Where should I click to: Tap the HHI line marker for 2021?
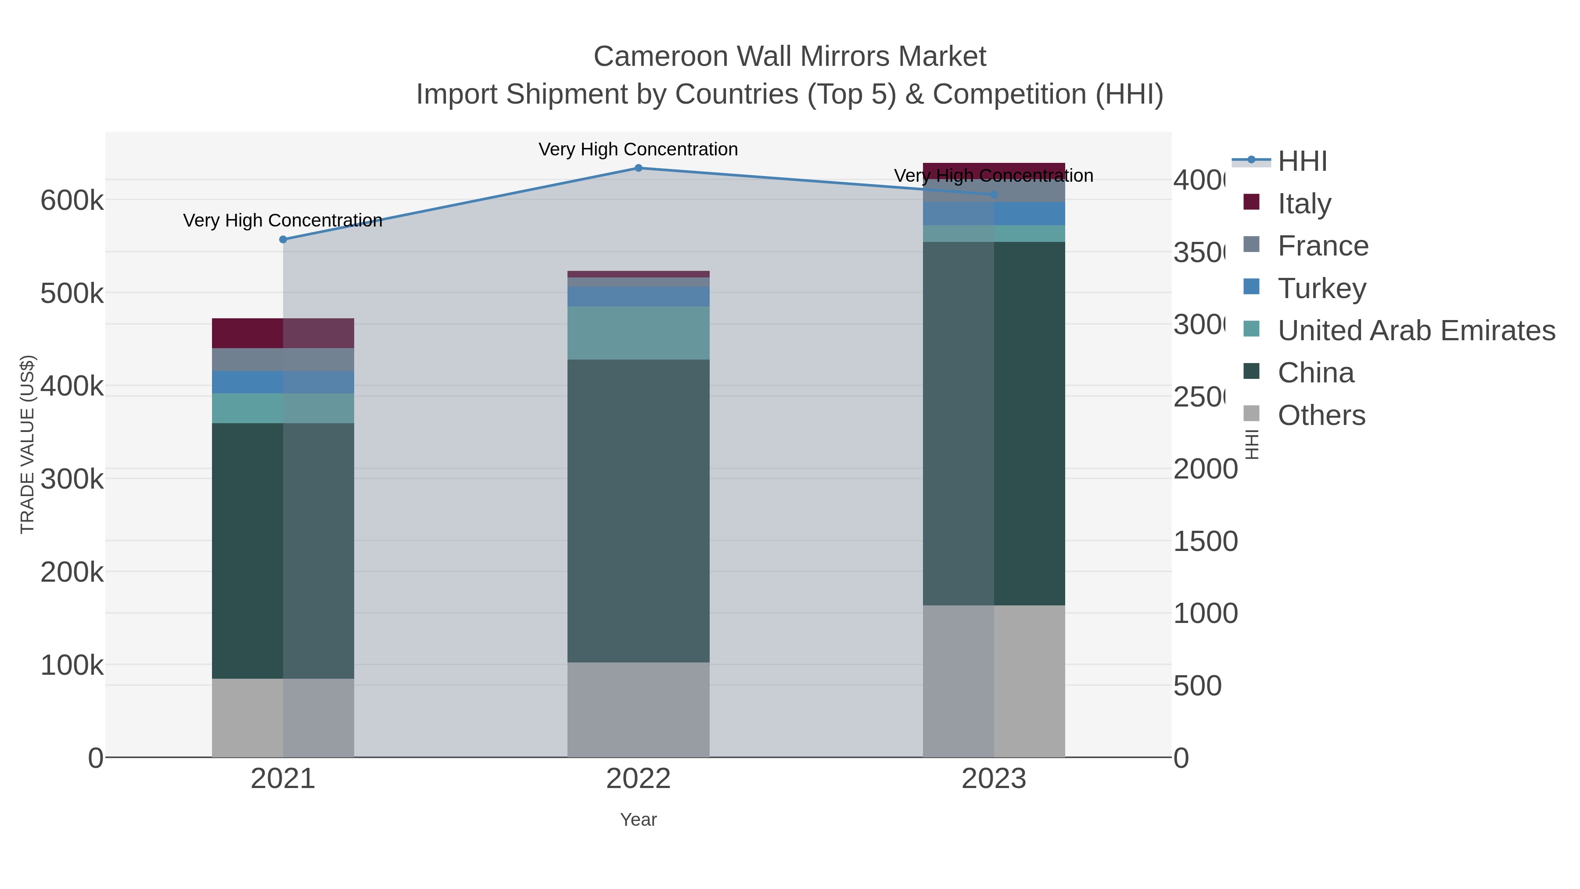point(283,239)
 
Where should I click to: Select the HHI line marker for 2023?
point(994,195)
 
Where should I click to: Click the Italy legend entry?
point(1304,203)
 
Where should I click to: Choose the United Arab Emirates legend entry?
point(1415,330)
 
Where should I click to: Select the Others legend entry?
point(1321,415)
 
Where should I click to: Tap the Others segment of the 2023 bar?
point(994,681)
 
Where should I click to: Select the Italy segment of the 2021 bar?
point(283,333)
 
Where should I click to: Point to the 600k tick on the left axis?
point(72,201)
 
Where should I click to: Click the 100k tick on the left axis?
point(72,665)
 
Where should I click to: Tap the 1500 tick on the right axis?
point(1205,541)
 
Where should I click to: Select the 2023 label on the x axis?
point(994,778)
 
